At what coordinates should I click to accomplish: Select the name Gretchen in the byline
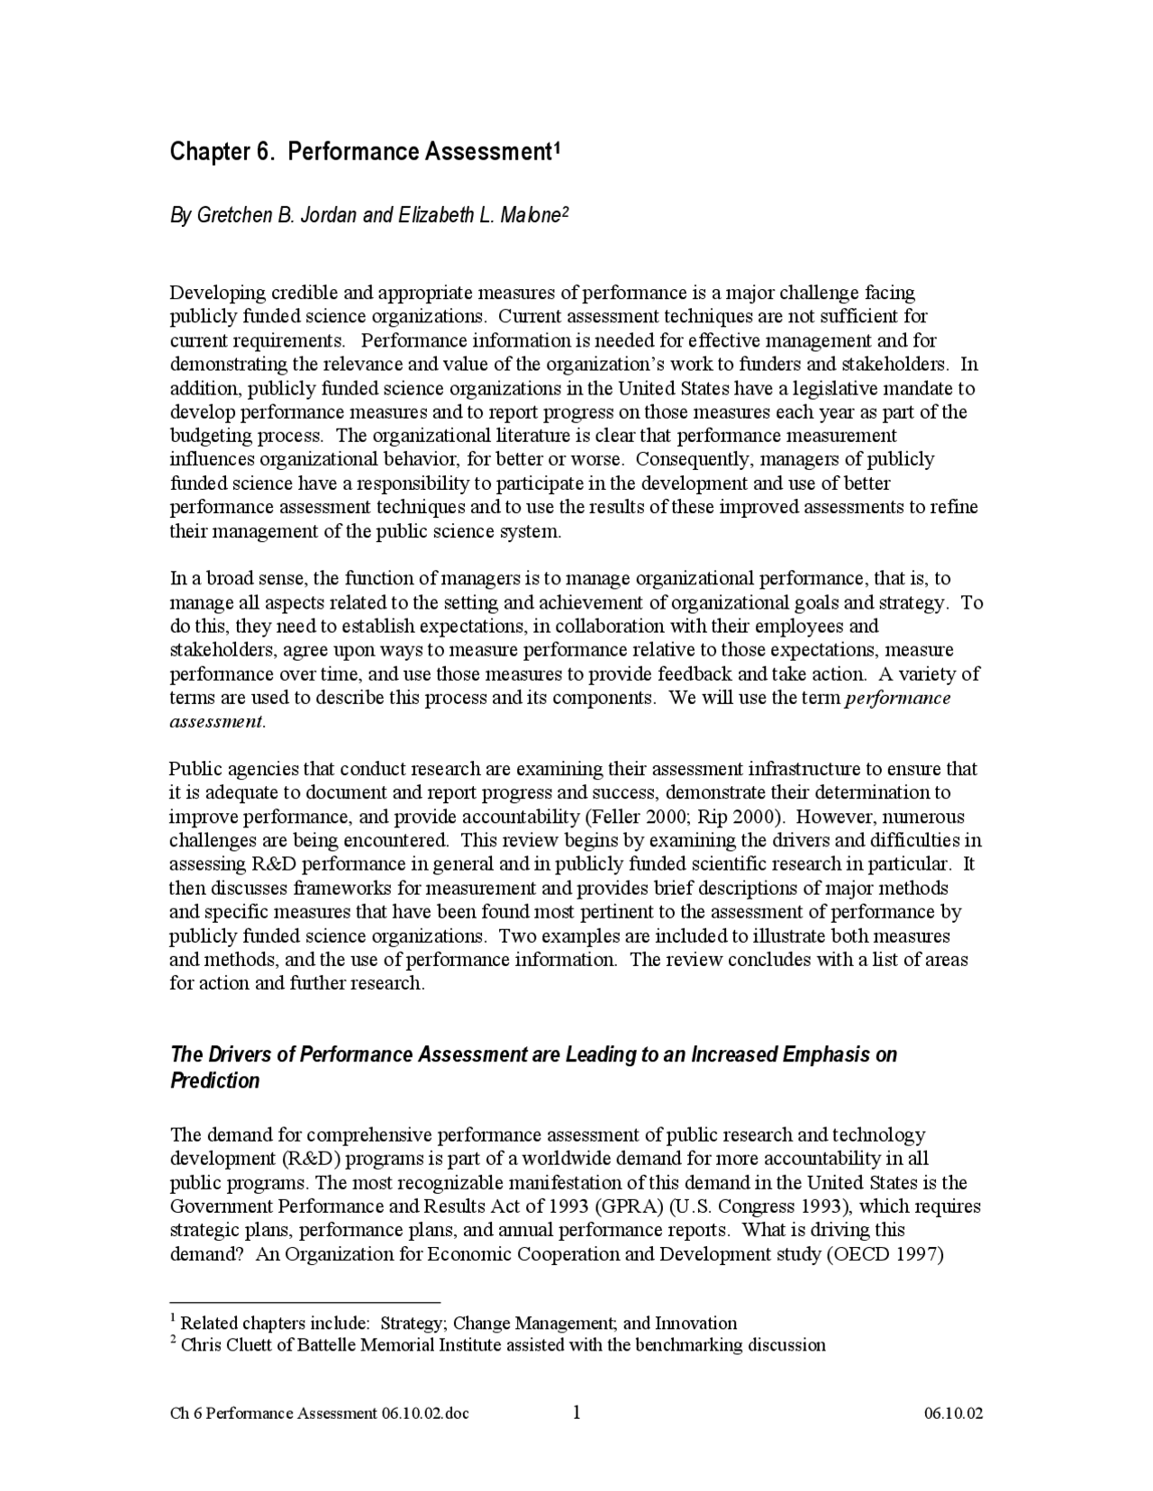[227, 217]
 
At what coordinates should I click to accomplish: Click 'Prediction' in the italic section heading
[214, 1080]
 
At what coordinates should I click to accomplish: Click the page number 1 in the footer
[576, 1412]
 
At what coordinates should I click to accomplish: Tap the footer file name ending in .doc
[320, 1413]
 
